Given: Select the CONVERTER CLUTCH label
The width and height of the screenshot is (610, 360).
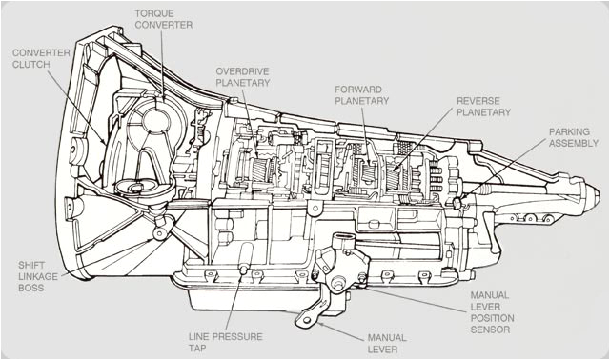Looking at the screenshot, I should (40, 58).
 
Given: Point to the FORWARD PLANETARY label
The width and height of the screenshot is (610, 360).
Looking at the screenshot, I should (362, 95).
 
